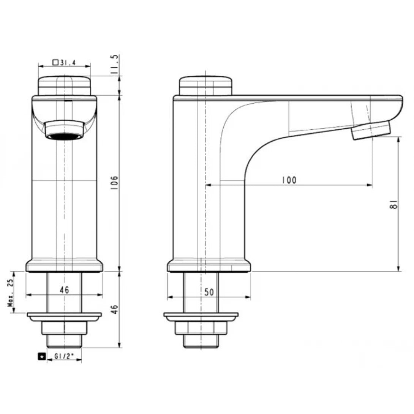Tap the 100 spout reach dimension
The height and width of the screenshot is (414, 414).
click(x=289, y=180)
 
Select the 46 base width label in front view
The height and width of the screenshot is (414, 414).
click(x=64, y=290)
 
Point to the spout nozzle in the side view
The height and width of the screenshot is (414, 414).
click(x=371, y=131)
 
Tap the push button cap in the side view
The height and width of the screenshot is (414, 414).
click(x=205, y=85)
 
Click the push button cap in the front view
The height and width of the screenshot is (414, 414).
click(x=64, y=85)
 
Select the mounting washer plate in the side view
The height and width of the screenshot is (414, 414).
click(x=201, y=315)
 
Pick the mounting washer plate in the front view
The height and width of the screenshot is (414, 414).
click(x=64, y=315)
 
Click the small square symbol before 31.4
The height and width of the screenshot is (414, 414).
click(x=55, y=63)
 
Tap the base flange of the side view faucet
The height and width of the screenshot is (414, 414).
click(x=209, y=266)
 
